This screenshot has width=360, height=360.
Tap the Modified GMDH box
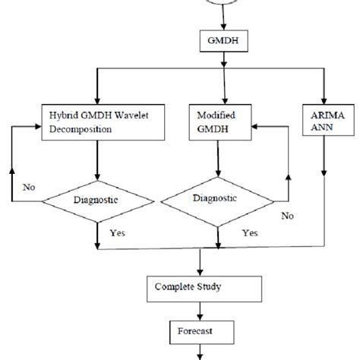[219, 122]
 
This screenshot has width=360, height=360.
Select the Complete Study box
[197, 289]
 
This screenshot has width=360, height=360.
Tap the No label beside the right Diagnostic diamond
[286, 215]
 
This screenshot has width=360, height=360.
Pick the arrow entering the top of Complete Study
[198, 263]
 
